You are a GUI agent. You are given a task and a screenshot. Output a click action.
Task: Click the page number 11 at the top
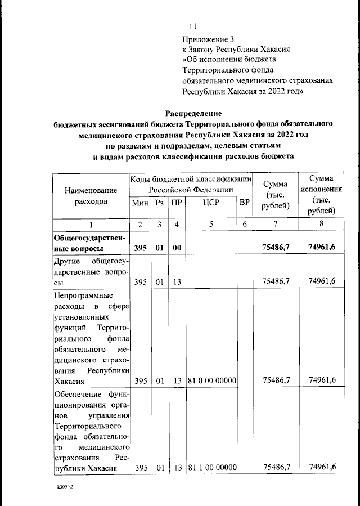(193, 26)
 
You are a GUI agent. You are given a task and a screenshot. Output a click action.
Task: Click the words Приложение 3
(207, 39)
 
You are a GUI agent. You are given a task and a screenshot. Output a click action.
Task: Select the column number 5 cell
(211, 225)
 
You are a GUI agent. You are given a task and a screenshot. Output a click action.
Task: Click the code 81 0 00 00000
(211, 381)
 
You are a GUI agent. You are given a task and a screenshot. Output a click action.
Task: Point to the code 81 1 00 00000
(211, 467)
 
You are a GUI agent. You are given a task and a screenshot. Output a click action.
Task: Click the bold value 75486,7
(276, 248)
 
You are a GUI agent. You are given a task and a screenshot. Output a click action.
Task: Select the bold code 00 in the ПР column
(177, 248)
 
